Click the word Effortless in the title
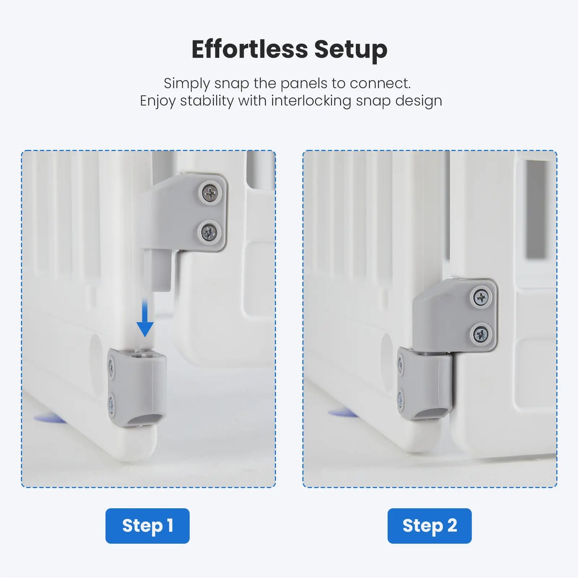[250, 49]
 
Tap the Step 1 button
[147, 526]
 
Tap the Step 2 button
[430, 526]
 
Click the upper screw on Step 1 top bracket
[210, 193]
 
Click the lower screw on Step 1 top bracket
[209, 232]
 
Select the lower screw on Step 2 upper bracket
[480, 334]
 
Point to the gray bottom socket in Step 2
[425, 384]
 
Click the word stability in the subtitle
[207, 101]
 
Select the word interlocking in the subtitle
[311, 101]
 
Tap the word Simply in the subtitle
[186, 84]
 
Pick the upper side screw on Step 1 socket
[111, 366]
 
